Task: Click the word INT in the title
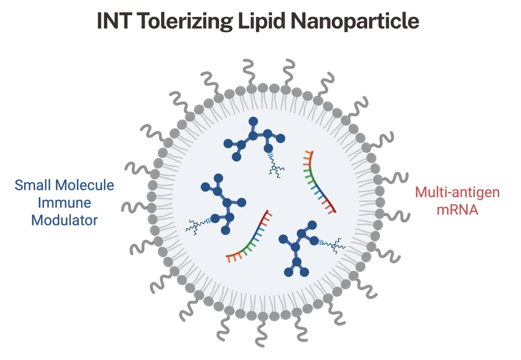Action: (x=113, y=21)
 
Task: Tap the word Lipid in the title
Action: (x=261, y=22)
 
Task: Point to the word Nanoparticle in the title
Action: (x=355, y=22)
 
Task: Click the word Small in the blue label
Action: (x=33, y=185)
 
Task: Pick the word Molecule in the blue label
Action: (x=85, y=185)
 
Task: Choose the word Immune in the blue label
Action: (x=64, y=203)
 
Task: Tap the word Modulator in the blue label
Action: (x=64, y=220)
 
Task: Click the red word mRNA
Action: (x=457, y=210)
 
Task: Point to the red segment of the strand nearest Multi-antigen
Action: (x=330, y=205)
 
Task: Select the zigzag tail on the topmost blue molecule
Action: (x=276, y=165)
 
